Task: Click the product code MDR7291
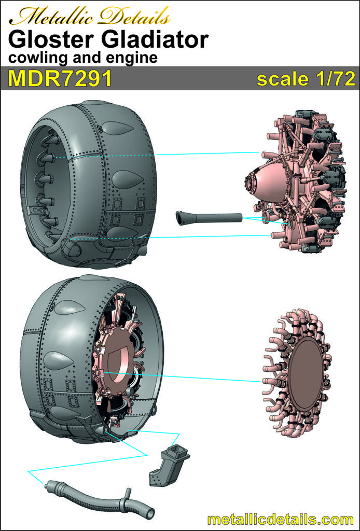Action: coord(60,79)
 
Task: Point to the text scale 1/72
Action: coord(306,79)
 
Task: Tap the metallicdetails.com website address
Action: coord(280,520)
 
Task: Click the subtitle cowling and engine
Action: coord(83,58)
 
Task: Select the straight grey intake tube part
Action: coord(209,217)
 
